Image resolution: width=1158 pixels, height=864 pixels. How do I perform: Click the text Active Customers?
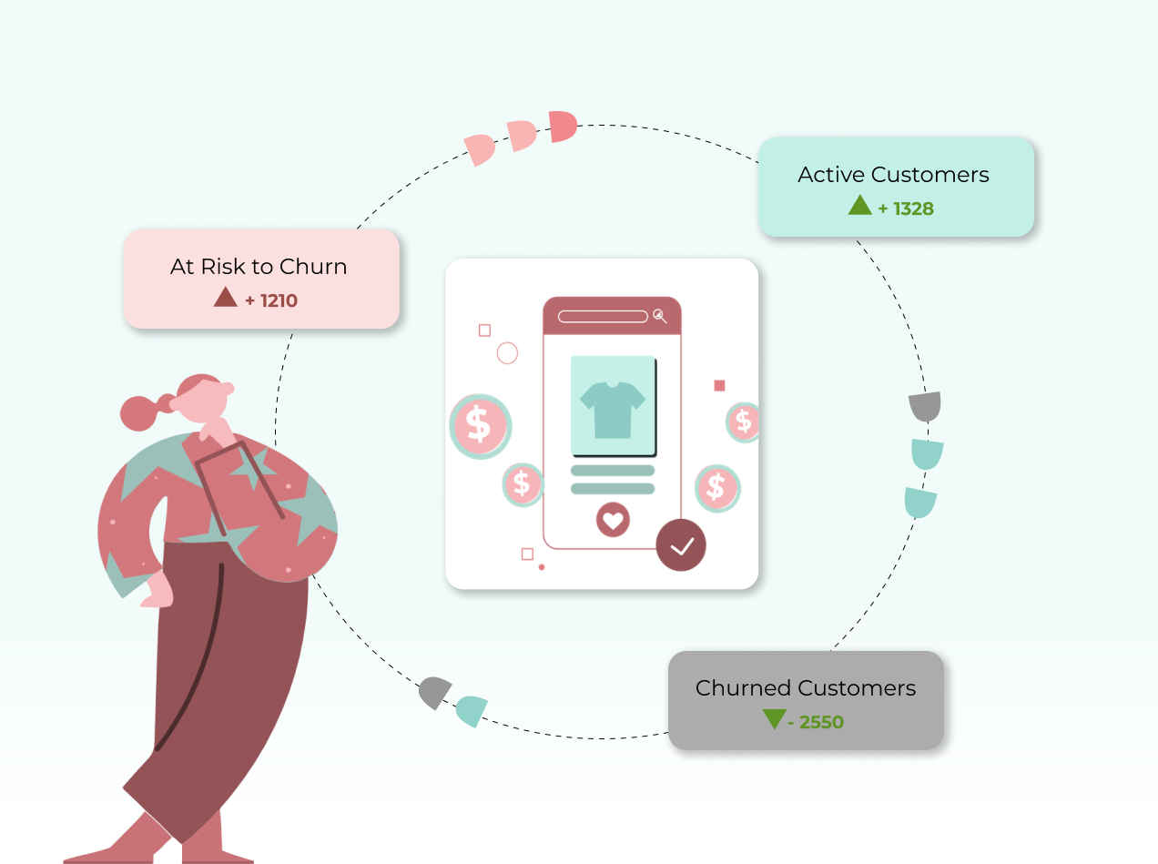click(x=893, y=175)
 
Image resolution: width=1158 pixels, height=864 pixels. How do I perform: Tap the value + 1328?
click(x=906, y=208)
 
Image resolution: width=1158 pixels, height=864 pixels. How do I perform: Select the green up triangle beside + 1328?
click(x=859, y=206)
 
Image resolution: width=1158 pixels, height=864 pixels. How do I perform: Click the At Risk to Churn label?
click(x=259, y=267)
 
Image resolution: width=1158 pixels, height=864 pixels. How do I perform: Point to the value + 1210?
click(x=271, y=300)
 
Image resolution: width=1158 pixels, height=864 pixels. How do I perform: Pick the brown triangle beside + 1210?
click(x=225, y=298)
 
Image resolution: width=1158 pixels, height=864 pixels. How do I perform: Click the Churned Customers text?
click(x=806, y=688)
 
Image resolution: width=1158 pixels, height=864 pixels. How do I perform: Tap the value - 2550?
click(x=816, y=723)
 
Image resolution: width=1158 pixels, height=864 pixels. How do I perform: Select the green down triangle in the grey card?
click(x=774, y=719)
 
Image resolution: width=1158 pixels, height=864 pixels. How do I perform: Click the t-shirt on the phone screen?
click(x=613, y=409)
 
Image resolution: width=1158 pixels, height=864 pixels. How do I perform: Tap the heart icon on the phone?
click(x=613, y=520)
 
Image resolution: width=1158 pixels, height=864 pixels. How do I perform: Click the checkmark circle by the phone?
click(x=681, y=545)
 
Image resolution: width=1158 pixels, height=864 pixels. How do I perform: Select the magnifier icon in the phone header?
click(x=660, y=316)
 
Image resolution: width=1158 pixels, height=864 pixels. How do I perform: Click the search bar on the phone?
click(x=603, y=317)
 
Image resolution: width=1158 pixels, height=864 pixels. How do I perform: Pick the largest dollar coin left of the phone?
click(x=480, y=425)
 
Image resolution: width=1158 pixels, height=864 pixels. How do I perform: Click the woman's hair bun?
click(x=138, y=412)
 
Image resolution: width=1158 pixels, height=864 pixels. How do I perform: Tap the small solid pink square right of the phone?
click(x=719, y=386)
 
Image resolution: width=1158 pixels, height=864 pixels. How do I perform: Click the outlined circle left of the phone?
click(x=507, y=353)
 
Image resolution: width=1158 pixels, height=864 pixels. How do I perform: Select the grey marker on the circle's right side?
click(x=925, y=406)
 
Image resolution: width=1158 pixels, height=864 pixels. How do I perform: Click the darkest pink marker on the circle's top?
click(x=563, y=127)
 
